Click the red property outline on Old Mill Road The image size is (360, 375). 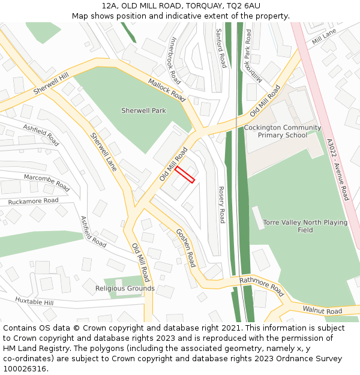185,174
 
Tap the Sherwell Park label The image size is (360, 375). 143,111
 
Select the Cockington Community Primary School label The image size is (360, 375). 282,131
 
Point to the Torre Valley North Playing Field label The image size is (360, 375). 305,226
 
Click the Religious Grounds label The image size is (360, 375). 125,289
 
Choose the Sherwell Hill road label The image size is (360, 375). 52,83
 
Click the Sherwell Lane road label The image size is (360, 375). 103,152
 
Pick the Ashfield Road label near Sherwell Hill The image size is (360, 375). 41,135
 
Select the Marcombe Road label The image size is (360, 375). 47,182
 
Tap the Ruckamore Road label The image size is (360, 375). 33,201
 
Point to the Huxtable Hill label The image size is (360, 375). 34,301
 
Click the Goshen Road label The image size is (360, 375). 185,248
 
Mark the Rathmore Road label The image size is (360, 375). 261,287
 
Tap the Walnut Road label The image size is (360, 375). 322,311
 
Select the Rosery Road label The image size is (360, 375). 221,204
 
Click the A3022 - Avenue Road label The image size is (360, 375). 337,169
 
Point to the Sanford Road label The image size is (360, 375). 220,48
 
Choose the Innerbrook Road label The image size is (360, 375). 175,60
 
